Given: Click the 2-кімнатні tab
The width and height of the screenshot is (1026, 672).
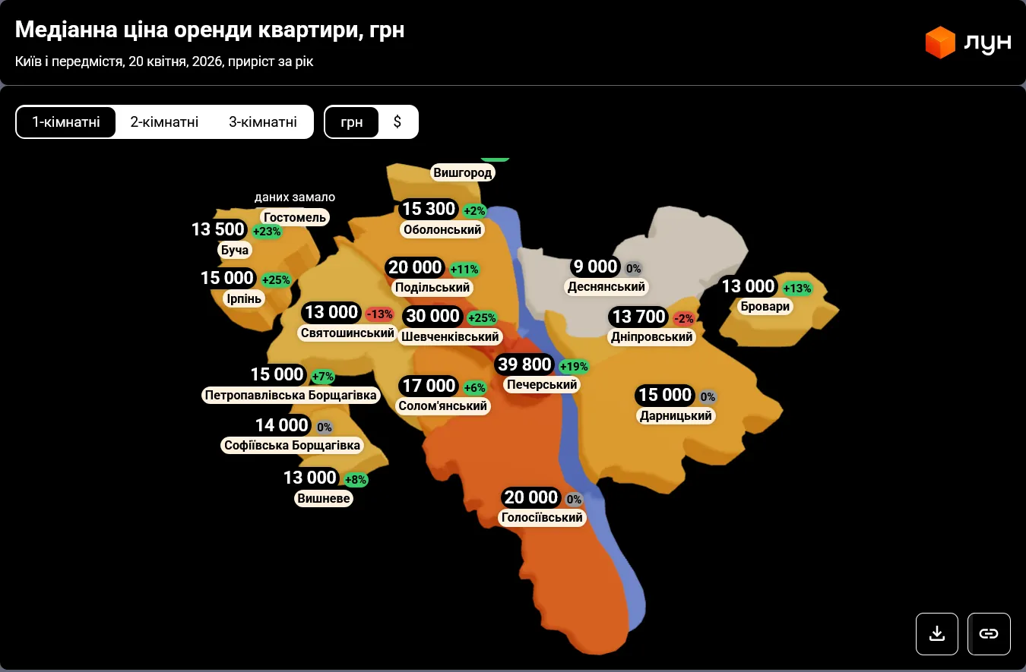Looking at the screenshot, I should click(164, 121).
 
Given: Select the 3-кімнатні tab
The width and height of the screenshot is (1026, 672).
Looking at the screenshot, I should click(262, 121).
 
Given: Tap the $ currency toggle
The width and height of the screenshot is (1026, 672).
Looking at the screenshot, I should click(397, 121).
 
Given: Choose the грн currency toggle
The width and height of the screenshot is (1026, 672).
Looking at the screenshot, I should click(352, 121).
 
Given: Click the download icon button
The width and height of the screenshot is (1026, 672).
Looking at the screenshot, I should click(937, 633).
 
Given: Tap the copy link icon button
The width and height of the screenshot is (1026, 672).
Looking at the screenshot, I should click(988, 633).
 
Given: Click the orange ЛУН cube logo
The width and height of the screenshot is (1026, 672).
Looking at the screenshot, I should click(940, 43).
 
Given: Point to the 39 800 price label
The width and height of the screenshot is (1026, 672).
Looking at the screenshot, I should click(524, 364).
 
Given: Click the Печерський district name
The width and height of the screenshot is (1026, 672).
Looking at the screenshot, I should click(542, 385).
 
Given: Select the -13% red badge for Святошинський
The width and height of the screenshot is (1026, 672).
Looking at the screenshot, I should click(379, 314).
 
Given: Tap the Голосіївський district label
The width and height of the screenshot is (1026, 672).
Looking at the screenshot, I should click(542, 518).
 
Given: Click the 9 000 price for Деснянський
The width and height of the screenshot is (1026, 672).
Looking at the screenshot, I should click(596, 267).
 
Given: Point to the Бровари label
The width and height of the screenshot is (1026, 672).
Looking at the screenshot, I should click(765, 307).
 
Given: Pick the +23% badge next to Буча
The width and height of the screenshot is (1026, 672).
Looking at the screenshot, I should click(267, 232).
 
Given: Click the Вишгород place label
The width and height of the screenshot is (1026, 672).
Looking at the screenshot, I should click(463, 173).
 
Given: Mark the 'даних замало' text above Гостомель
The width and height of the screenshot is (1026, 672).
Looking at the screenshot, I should click(295, 197).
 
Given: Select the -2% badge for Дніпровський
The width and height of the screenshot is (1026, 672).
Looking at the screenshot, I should click(683, 319).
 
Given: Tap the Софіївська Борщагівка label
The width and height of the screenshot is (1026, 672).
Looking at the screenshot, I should click(293, 445).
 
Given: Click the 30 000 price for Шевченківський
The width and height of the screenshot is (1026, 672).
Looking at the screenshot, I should click(432, 316).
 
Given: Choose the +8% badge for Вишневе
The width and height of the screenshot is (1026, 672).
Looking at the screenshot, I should click(356, 480).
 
